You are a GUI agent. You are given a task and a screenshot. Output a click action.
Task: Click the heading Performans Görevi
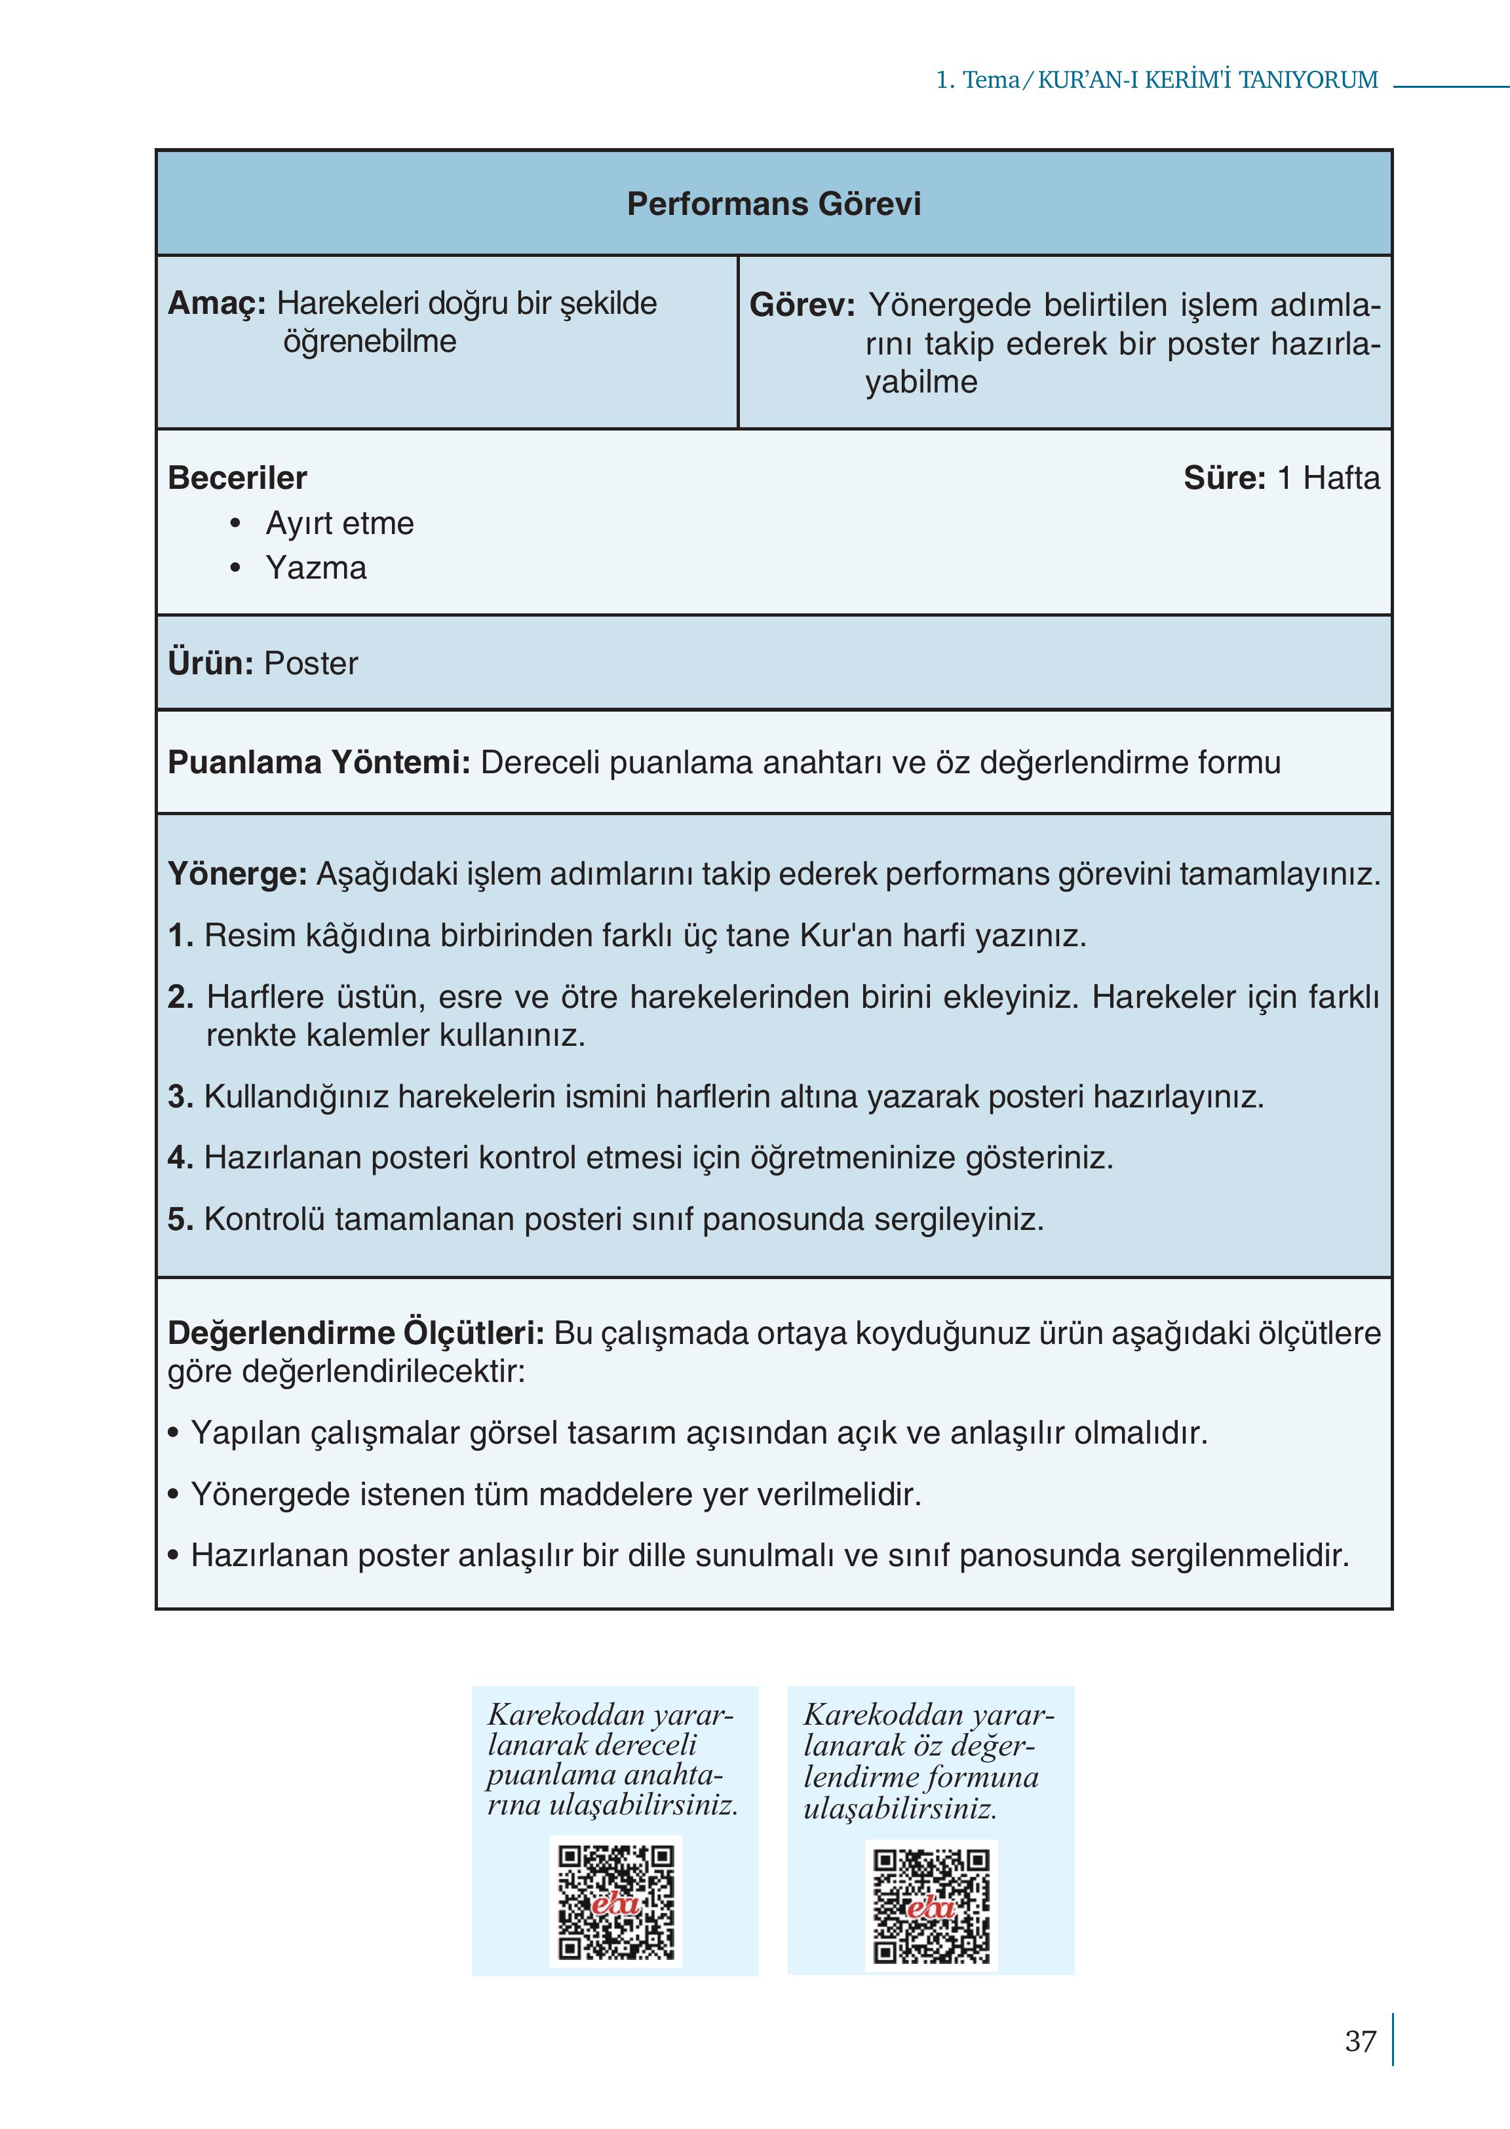773,204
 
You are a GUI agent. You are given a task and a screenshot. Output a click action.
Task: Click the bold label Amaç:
217,303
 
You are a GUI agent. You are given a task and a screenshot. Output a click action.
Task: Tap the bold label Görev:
802,305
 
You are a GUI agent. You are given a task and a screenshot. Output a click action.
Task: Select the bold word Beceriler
237,478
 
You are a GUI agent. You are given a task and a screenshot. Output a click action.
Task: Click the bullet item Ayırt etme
339,524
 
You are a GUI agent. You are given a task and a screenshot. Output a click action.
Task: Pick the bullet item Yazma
316,568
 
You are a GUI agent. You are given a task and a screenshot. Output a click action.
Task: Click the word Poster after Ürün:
311,664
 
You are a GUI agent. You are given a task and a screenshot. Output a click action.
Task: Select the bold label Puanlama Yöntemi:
319,762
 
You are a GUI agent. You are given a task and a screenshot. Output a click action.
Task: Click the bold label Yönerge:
237,874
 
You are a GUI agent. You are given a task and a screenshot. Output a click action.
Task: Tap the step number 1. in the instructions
180,935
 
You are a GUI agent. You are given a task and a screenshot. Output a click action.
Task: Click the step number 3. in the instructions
180,1097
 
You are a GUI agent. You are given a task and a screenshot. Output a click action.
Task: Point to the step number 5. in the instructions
180,1219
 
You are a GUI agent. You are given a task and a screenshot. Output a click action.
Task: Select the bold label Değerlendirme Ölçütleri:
355,1333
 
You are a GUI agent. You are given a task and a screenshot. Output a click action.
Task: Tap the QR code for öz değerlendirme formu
931,1905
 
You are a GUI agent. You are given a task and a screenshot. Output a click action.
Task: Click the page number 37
1359,2042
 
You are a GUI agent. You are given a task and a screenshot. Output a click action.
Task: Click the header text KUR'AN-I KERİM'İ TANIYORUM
1207,80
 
